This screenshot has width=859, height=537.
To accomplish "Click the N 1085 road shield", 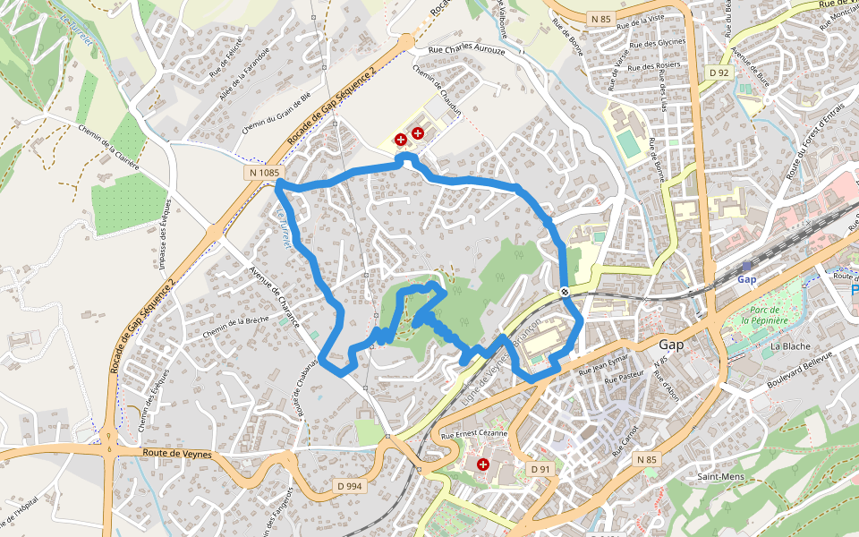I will (x=264, y=172).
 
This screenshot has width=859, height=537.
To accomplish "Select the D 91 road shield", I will (x=540, y=469).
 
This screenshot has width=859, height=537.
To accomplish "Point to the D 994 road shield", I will (x=350, y=486).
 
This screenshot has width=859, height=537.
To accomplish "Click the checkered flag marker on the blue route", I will (x=566, y=292).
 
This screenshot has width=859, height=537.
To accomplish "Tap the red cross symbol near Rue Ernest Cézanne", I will (x=483, y=465).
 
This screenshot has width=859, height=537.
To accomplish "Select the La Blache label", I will (x=789, y=345).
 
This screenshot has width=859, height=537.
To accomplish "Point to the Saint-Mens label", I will (x=720, y=477).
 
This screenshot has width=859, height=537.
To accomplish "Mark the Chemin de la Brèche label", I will (x=235, y=328).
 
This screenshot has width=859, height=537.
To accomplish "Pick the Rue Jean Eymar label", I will (x=606, y=364).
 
